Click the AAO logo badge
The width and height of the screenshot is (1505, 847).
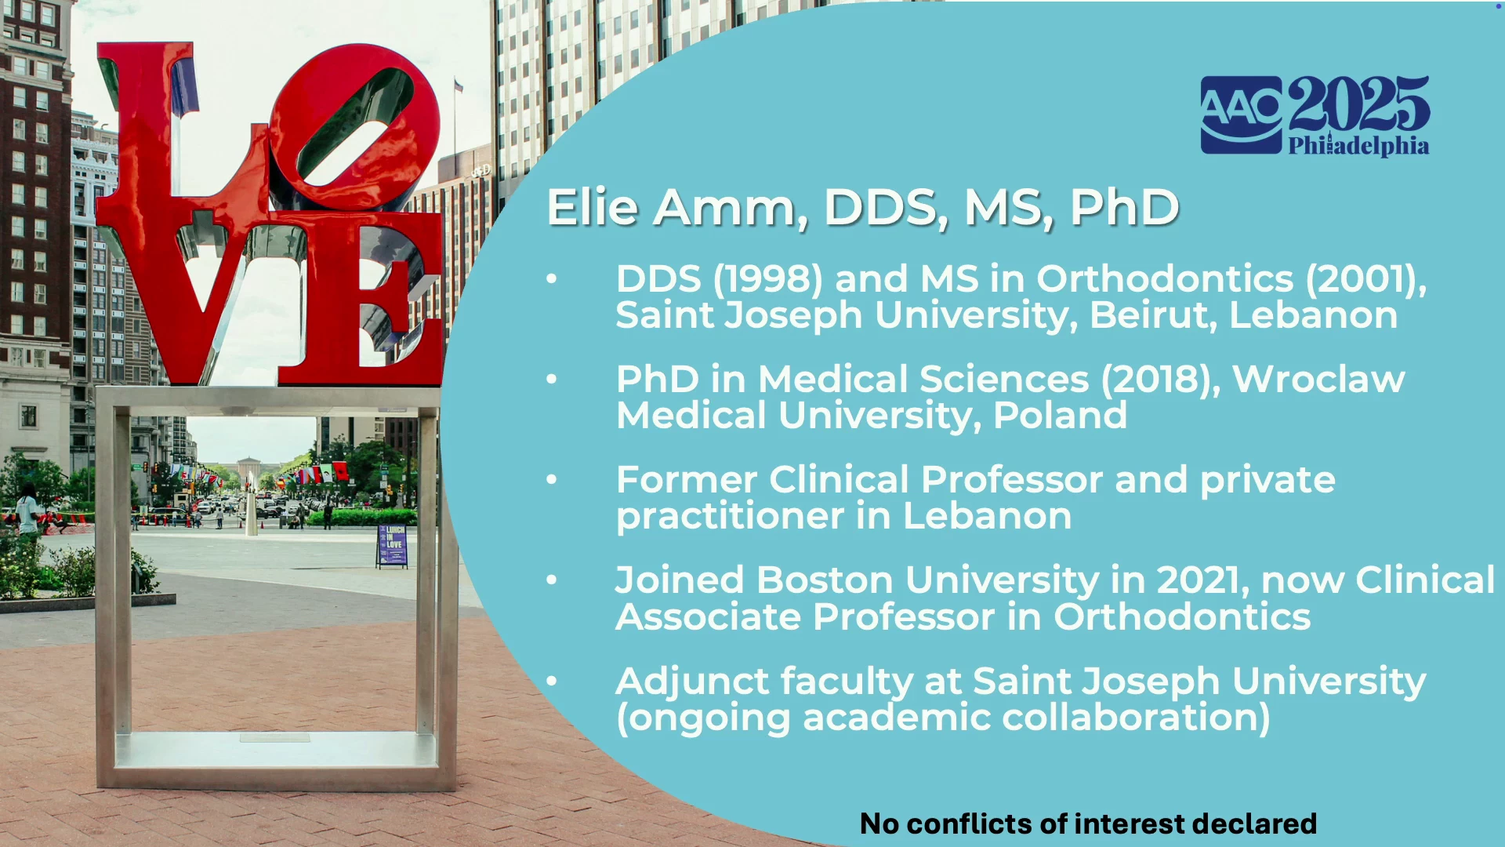point(1242,115)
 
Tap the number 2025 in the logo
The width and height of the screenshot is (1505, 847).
point(1358,104)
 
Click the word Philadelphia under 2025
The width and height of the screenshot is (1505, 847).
point(1358,146)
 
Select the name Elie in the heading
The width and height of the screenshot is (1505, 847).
point(592,207)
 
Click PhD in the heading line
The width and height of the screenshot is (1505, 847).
point(1125,207)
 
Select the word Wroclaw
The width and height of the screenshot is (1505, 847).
point(1318,380)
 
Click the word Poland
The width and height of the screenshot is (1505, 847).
point(1060,416)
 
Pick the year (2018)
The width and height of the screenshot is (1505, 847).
point(1161,380)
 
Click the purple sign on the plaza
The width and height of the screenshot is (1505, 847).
point(392,545)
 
